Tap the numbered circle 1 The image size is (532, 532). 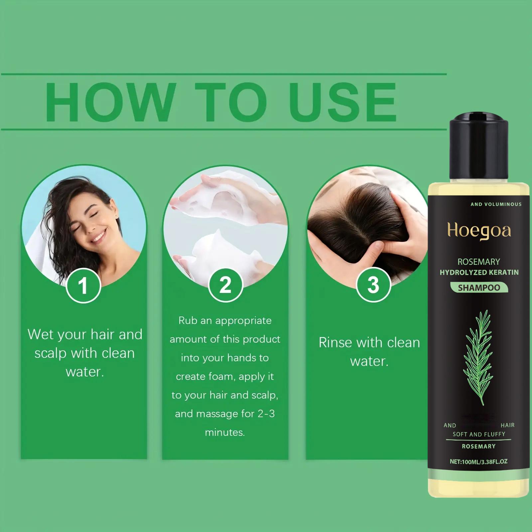pyautogui.click(x=83, y=286)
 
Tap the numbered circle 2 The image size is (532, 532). pyautogui.click(x=225, y=285)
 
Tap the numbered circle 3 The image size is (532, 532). pyautogui.click(x=373, y=285)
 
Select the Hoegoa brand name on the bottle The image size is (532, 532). pyautogui.click(x=479, y=230)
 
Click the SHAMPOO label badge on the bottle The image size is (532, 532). pyautogui.click(x=479, y=288)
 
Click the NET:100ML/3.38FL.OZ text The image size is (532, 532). pyautogui.click(x=478, y=462)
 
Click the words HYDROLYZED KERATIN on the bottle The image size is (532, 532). pyautogui.click(x=479, y=272)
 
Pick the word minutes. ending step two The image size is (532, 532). pyautogui.click(x=225, y=432)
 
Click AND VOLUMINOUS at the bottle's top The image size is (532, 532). pyautogui.click(x=496, y=204)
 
